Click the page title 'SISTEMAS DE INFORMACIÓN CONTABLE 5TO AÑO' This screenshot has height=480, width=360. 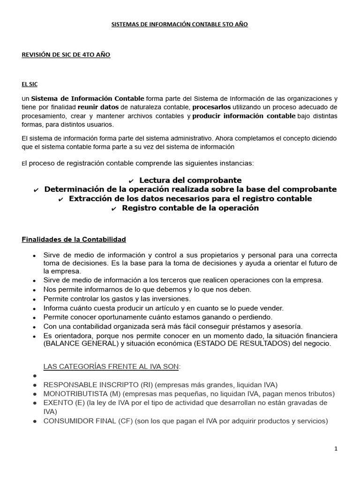(180, 24)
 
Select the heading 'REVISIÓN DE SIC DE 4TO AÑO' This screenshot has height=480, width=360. (66, 55)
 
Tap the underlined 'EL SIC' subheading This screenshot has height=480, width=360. (30, 84)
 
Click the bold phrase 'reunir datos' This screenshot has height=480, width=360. (98, 107)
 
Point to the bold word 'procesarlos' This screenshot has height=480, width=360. (211, 107)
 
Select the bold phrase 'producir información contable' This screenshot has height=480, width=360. (244, 116)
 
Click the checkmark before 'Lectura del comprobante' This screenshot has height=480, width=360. (131, 181)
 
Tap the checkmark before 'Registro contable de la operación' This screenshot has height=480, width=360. (113, 209)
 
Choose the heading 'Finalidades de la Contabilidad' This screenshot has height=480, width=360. (74, 240)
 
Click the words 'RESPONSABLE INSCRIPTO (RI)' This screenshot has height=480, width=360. (91, 385)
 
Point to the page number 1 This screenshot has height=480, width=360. (336, 449)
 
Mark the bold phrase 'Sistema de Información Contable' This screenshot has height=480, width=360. (88, 98)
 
